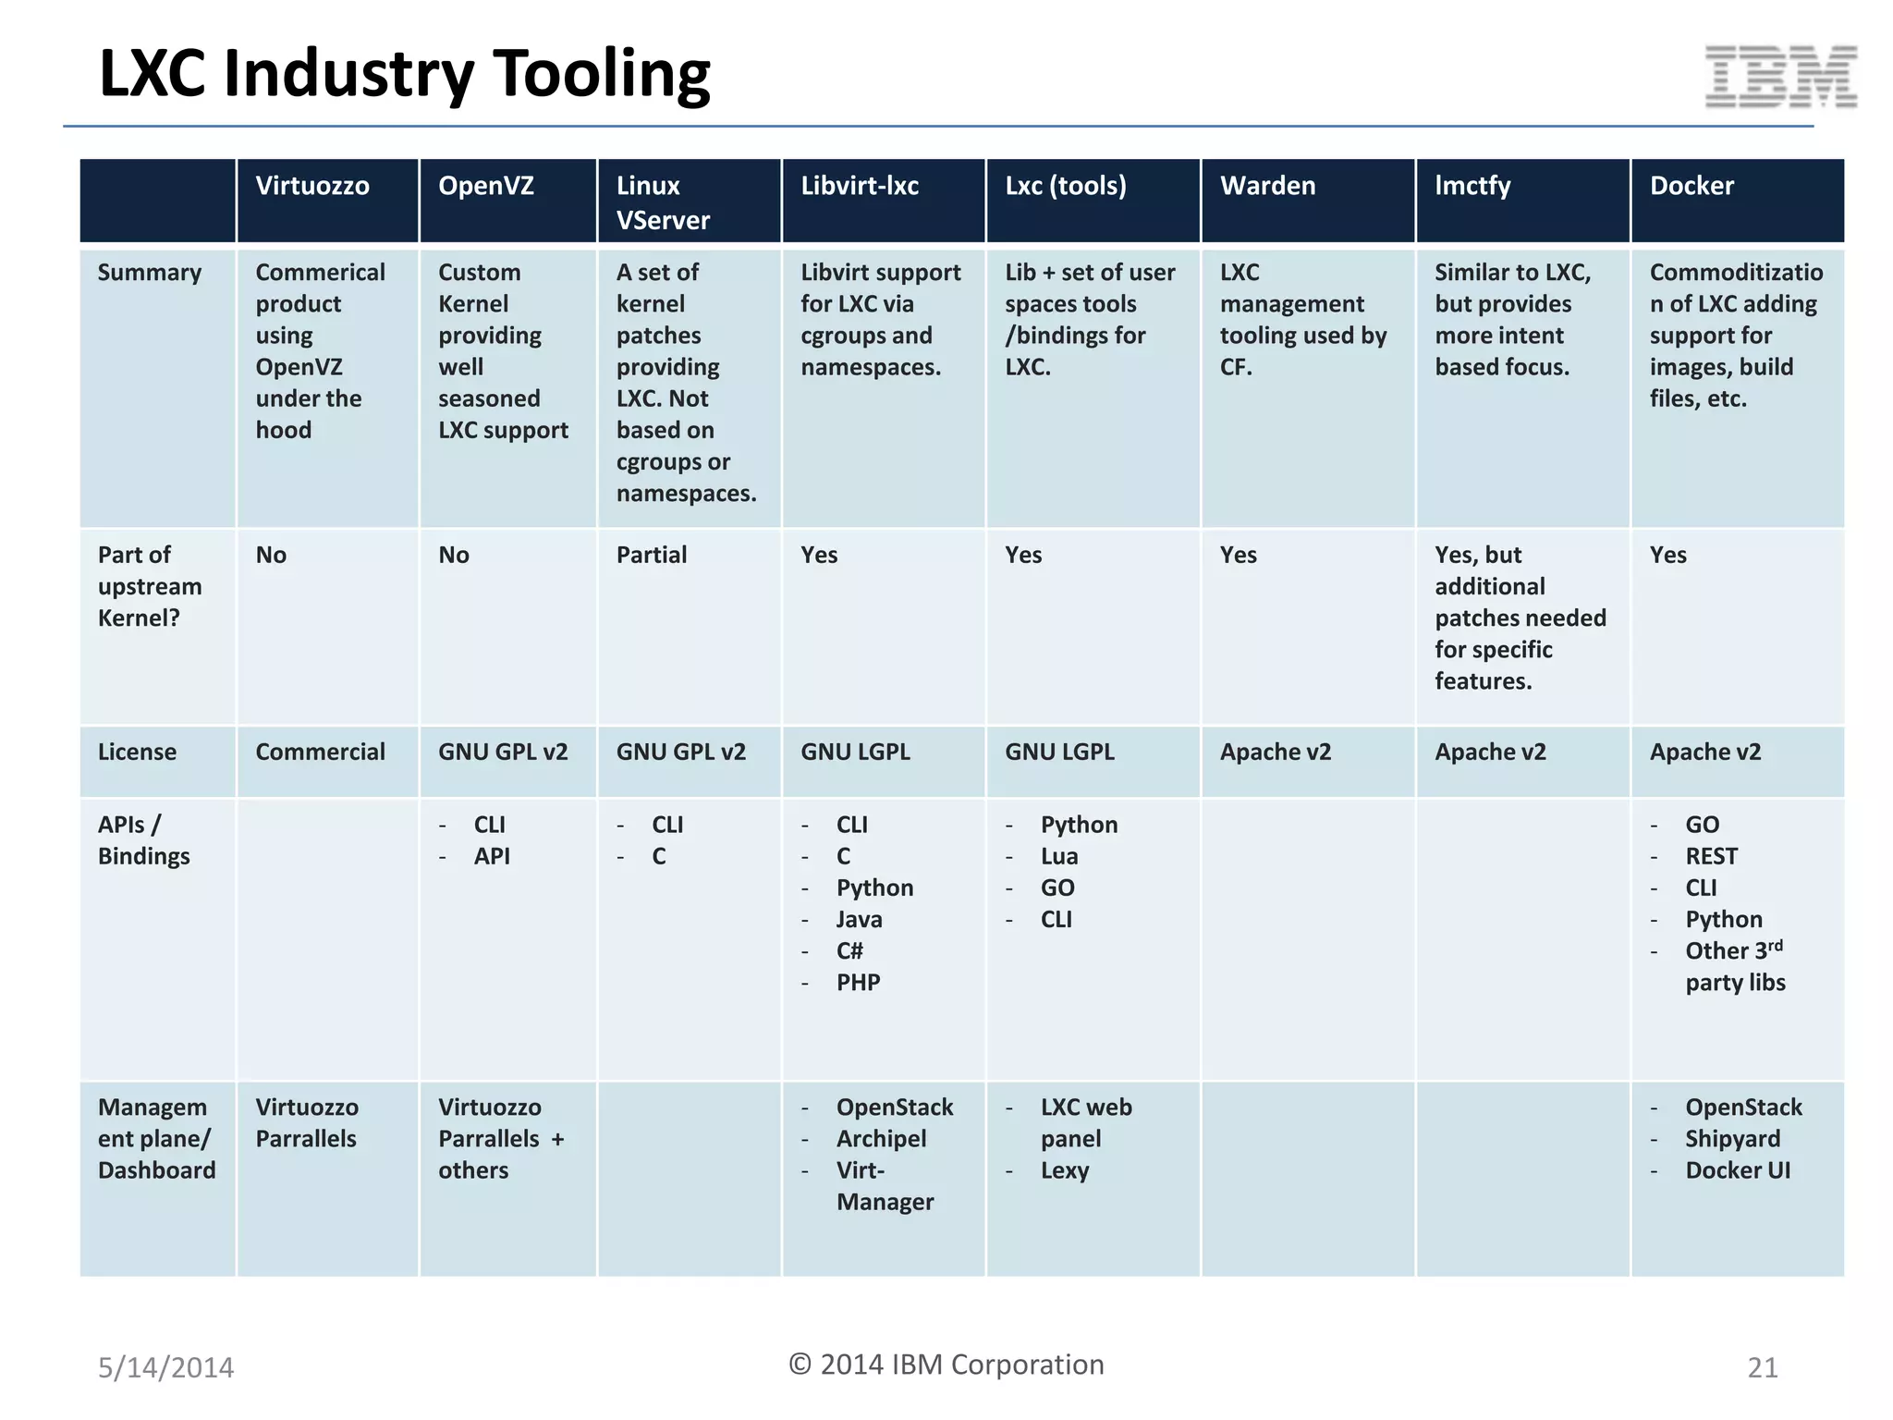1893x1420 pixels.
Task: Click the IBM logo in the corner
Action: (1780, 77)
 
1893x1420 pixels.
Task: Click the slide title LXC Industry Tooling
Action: (405, 73)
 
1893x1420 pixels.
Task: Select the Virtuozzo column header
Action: (312, 186)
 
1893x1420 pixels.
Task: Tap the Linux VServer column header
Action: (663, 202)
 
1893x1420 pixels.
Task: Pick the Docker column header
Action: (1691, 186)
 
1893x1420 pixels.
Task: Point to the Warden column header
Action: (1267, 186)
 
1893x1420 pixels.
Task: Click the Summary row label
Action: (150, 273)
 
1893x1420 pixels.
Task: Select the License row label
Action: (137, 752)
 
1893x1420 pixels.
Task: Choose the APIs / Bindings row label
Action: (143, 840)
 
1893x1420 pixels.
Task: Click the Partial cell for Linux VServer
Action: (652, 555)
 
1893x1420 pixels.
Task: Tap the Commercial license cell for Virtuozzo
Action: (320, 752)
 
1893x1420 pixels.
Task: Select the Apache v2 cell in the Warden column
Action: (1276, 752)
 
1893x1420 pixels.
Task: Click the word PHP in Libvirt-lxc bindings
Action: (858, 982)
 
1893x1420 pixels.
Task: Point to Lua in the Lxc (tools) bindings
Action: (1059, 856)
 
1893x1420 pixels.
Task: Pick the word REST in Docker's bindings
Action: (1711, 856)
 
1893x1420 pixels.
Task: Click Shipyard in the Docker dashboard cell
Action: (1732, 1139)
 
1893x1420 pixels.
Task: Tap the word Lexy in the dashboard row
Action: (1065, 1170)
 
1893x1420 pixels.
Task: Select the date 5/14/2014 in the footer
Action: (166, 1367)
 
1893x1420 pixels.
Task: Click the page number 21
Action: (1762, 1367)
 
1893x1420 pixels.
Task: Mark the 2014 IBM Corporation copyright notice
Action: (946, 1365)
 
